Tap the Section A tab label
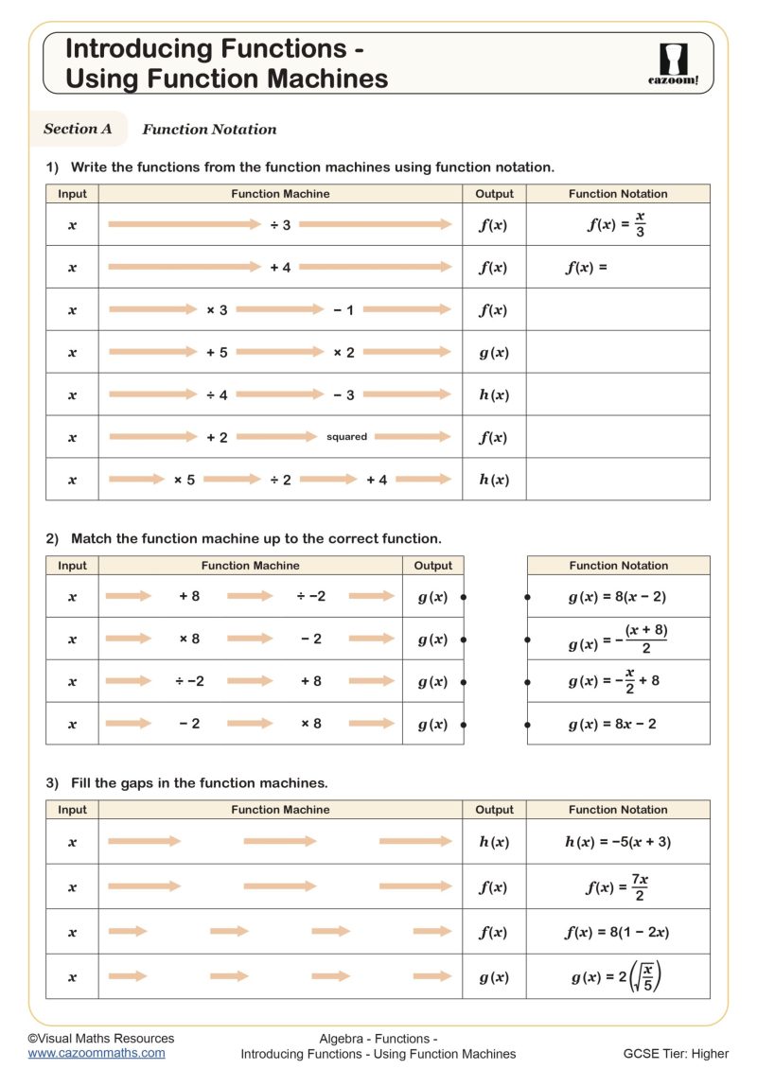(x=78, y=129)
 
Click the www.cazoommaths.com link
(x=96, y=1052)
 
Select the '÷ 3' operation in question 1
(x=280, y=225)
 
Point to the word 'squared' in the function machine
(x=346, y=437)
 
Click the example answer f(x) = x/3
(x=617, y=225)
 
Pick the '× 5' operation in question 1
(x=185, y=480)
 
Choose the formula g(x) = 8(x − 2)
(x=618, y=597)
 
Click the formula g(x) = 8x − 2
(x=612, y=724)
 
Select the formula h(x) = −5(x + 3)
(x=618, y=842)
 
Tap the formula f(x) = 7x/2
(x=617, y=887)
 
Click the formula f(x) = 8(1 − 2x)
(x=617, y=932)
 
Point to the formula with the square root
(x=617, y=976)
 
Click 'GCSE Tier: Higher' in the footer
(x=676, y=1053)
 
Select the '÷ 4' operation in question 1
(x=217, y=394)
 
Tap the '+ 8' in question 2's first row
(x=189, y=597)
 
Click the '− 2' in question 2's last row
(x=189, y=724)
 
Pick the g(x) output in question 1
(x=494, y=353)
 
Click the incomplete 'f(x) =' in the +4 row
(x=587, y=268)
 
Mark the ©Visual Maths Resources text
(x=100, y=1038)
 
